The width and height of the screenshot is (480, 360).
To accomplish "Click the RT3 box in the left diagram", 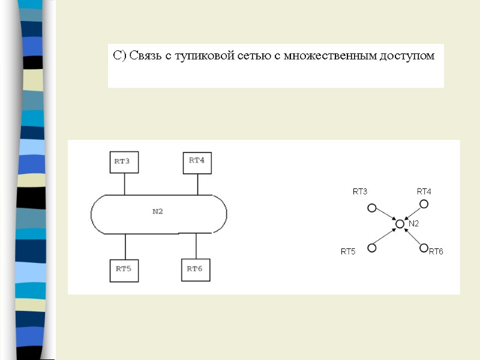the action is pyautogui.click(x=124, y=161).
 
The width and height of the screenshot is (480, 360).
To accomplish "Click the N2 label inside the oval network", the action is pyautogui.click(x=158, y=211).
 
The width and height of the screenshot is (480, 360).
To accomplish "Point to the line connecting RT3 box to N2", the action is pyautogui.click(x=125, y=184).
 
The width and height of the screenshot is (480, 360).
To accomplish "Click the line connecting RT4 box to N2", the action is pyautogui.click(x=198, y=184).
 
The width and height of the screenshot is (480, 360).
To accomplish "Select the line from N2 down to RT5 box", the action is pyautogui.click(x=125, y=246).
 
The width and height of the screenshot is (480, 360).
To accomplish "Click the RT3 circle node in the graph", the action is pyautogui.click(x=372, y=208).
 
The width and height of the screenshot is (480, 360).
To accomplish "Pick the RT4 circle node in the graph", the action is pyautogui.click(x=424, y=204).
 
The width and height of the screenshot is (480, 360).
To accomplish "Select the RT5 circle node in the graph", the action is pyautogui.click(x=372, y=247).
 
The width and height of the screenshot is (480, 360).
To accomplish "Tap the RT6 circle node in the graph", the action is pyautogui.click(x=424, y=247).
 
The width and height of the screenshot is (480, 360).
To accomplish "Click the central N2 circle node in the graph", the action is pyautogui.click(x=400, y=224).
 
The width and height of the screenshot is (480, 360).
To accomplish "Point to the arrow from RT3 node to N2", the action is pyautogui.click(x=385, y=216).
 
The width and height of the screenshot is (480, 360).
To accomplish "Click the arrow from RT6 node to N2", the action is pyautogui.click(x=413, y=236).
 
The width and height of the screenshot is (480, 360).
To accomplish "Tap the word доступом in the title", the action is pyautogui.click(x=408, y=56).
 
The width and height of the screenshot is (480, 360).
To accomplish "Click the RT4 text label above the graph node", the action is pyautogui.click(x=424, y=191).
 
